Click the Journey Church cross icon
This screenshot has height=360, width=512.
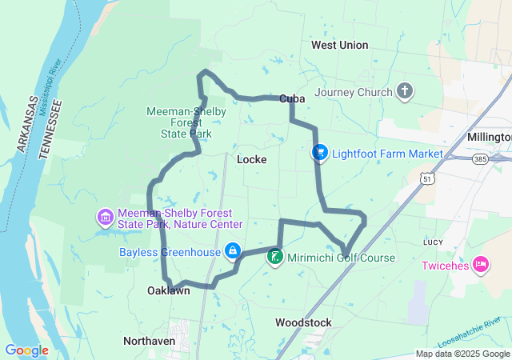click(x=405, y=90)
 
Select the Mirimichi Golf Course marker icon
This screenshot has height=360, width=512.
click(x=274, y=258)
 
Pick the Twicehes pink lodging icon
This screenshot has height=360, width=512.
click(x=481, y=264)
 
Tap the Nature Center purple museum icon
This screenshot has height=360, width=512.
click(x=105, y=217)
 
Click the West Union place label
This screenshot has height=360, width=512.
click(x=340, y=45)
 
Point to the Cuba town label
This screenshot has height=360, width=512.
click(x=293, y=98)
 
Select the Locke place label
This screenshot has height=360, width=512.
click(x=252, y=159)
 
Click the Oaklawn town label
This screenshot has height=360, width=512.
click(x=169, y=291)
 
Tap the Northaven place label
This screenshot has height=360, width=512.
click(x=150, y=341)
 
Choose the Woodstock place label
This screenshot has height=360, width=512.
click(x=303, y=322)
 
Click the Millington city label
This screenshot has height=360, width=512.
click(x=490, y=137)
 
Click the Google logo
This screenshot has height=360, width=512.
click(x=26, y=350)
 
